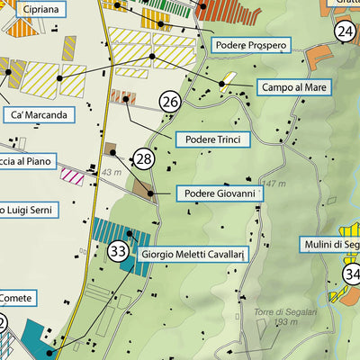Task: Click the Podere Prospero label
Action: click(x=250, y=45)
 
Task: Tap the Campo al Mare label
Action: click(x=292, y=87)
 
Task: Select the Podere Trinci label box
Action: click(x=211, y=139)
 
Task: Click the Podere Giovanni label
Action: click(x=219, y=193)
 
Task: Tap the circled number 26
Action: click(x=170, y=103)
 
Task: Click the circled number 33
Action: click(x=118, y=251)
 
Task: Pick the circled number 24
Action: click(x=345, y=31)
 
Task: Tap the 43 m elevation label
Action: click(x=111, y=172)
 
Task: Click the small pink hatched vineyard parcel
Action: click(x=72, y=175)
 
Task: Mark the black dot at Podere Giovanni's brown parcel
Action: click(x=149, y=193)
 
